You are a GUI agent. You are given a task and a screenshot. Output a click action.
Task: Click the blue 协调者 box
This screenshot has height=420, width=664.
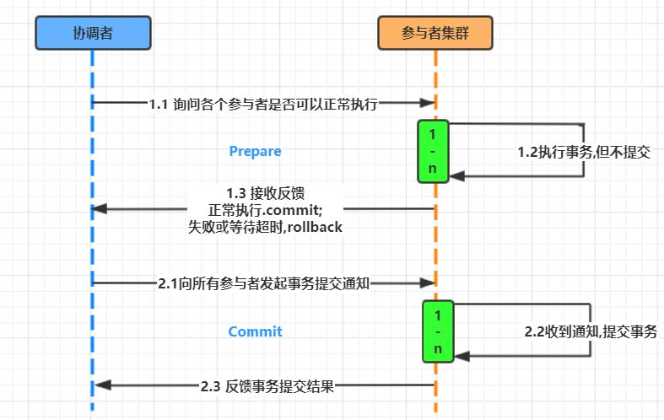[93, 33]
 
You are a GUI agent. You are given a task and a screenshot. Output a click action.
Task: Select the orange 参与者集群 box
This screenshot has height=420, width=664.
[435, 33]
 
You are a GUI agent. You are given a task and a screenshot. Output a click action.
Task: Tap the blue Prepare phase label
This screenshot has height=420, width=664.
[255, 152]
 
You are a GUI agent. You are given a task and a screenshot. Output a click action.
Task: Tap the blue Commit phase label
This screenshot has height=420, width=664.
[255, 331]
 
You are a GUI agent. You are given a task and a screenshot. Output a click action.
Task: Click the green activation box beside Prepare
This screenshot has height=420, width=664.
[433, 151]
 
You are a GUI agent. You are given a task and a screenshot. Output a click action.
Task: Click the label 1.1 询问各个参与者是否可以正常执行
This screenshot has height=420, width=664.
[262, 105]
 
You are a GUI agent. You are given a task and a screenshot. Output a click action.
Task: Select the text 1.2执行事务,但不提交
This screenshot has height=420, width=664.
[583, 153]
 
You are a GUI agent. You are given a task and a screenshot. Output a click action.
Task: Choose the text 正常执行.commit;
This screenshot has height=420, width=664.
[265, 208]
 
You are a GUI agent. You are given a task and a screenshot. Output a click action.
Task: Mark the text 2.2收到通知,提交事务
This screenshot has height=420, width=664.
[591, 332]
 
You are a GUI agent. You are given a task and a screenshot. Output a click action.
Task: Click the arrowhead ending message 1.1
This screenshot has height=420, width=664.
[428, 103]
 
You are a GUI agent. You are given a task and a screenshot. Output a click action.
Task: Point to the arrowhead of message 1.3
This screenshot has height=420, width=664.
[99, 208]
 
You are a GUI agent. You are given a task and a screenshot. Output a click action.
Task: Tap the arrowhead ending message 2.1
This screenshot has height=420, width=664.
[428, 283]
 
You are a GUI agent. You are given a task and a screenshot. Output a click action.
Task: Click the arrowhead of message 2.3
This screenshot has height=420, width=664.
[102, 385]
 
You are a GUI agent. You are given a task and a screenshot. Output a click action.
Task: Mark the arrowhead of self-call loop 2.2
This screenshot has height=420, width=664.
[461, 355]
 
